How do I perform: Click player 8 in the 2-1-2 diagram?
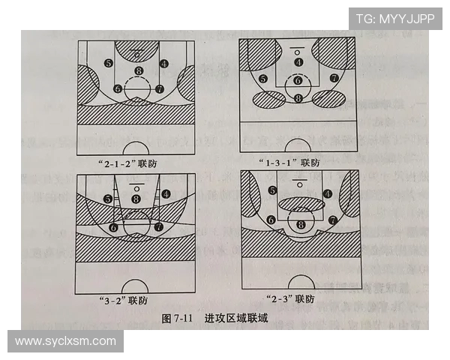[137, 72]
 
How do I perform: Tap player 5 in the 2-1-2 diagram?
[109, 64]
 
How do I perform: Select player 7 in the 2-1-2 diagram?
[159, 88]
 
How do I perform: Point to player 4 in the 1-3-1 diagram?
[298, 62]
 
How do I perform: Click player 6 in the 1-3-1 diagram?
[298, 80]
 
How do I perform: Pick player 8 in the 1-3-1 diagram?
[298, 97]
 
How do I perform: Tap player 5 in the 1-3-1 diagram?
[263, 79]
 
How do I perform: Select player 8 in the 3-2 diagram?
[136, 199]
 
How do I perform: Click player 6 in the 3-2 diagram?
[113, 226]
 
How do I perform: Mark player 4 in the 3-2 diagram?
[165, 193]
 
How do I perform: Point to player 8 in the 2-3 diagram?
[301, 224]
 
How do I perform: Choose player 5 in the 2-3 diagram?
[273, 191]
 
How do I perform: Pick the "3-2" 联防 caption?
[123, 301]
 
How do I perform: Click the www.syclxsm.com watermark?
[65, 341]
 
